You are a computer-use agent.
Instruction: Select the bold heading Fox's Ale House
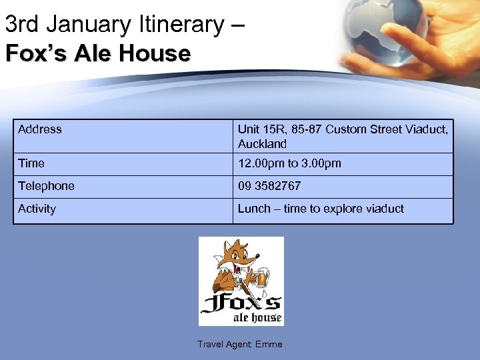(x=98, y=53)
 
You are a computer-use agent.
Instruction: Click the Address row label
(x=40, y=129)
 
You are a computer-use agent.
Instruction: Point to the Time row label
(x=31, y=163)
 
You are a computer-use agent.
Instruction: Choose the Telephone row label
(x=46, y=186)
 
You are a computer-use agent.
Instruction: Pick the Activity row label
(x=37, y=209)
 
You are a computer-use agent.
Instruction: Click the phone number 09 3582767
(x=269, y=186)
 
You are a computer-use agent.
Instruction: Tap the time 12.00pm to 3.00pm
(x=289, y=163)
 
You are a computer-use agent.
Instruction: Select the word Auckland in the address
(x=262, y=144)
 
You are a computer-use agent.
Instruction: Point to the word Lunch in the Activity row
(x=254, y=209)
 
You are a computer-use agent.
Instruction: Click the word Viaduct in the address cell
(x=426, y=129)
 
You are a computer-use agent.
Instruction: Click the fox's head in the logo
(x=239, y=257)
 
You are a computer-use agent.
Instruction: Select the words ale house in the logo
(x=257, y=317)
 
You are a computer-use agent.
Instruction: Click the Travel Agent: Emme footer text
(x=239, y=345)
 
